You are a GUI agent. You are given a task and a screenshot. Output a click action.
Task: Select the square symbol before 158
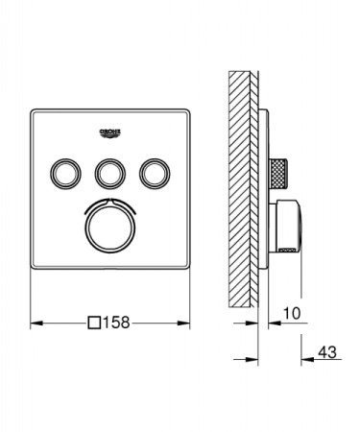point(94,324)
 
